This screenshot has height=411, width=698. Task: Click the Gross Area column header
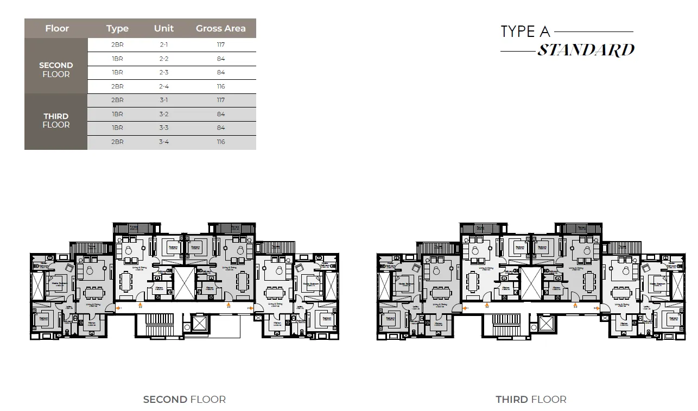point(220,28)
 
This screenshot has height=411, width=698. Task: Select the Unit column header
point(163,28)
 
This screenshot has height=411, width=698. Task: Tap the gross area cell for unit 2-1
point(220,45)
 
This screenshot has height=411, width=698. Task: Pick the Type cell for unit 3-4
point(117,142)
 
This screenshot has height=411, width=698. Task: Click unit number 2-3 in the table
point(163,73)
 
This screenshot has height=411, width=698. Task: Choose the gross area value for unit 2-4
point(220,87)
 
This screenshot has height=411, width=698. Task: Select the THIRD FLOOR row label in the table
point(56,121)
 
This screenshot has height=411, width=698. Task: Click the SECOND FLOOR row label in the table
point(56,69)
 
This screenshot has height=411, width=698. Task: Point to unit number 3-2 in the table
point(163,115)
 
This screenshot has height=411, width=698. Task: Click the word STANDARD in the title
point(586,50)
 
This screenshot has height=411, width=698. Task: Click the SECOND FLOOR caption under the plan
point(184,400)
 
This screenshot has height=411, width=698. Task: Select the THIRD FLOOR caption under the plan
point(531,400)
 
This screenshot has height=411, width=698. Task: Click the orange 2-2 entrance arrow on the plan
point(141,306)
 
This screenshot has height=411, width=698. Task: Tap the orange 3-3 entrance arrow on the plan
point(575,306)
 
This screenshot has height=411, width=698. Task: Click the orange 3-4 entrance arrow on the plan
point(597,308)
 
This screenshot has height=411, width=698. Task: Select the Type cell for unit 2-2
point(117,59)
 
